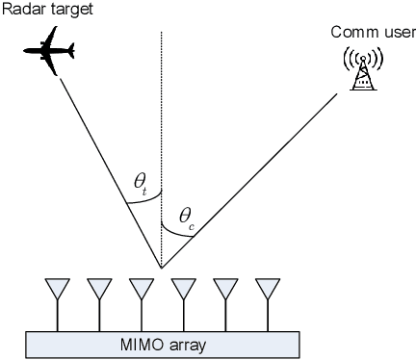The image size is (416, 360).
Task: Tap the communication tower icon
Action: click(363, 68)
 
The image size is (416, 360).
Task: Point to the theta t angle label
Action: click(143, 182)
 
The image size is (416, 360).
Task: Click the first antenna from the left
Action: click(58, 290)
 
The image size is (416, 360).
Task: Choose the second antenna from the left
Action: click(99, 290)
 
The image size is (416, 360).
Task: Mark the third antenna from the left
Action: click(142, 290)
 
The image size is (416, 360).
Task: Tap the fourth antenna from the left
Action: click(184, 290)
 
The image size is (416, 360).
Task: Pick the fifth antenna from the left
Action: click(226, 290)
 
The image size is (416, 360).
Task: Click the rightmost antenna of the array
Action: click(269, 290)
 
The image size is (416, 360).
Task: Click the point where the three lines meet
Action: click(161, 268)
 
